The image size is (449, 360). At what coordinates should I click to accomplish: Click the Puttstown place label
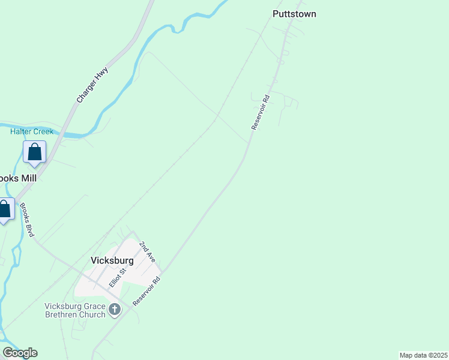tap(294, 14)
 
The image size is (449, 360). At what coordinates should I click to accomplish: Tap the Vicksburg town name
tap(112, 260)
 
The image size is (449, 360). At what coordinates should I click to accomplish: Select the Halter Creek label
tap(32, 131)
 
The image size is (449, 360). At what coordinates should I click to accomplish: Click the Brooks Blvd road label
tap(27, 220)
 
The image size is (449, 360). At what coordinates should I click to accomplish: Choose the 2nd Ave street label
tap(148, 252)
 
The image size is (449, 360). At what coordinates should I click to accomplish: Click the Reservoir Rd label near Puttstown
tap(261, 112)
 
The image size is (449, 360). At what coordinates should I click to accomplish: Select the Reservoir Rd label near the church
tap(148, 291)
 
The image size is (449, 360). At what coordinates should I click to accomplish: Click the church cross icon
tap(115, 310)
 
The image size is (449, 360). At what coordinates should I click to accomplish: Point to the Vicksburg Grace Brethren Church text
tap(74, 310)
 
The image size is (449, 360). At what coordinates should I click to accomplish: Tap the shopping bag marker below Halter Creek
tap(35, 152)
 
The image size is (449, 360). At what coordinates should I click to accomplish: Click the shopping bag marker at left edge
tap(5, 210)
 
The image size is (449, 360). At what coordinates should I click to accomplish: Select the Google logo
tap(20, 353)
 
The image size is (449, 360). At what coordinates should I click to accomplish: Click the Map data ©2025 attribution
tap(423, 355)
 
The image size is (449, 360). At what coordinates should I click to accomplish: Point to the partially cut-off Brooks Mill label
tap(18, 178)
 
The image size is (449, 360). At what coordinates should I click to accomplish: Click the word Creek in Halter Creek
tap(43, 131)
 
